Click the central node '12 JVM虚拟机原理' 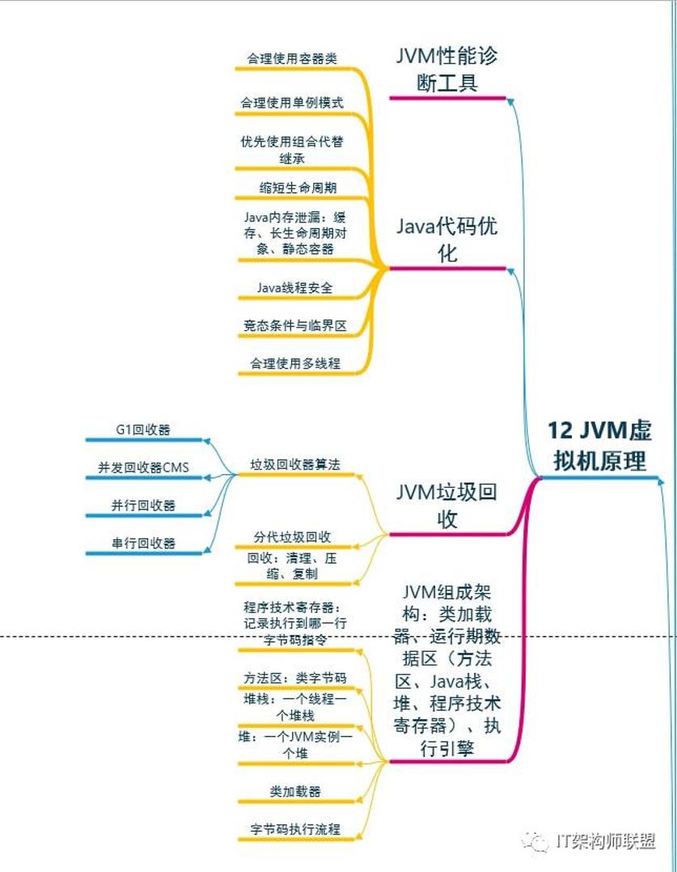[599, 445]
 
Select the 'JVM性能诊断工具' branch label [447, 70]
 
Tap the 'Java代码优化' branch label [447, 239]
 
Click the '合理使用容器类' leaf [292, 59]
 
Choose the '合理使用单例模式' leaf [292, 103]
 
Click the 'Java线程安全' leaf [294, 287]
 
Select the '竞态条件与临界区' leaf [294, 325]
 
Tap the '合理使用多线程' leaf [294, 364]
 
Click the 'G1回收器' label [143, 430]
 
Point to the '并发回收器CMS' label [143, 468]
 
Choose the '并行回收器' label [143, 506]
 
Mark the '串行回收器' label [143, 544]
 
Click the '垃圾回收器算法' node [295, 464]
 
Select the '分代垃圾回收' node [292, 537]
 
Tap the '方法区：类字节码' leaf [295, 678]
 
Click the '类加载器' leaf [295, 791]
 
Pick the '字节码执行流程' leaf [295, 829]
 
